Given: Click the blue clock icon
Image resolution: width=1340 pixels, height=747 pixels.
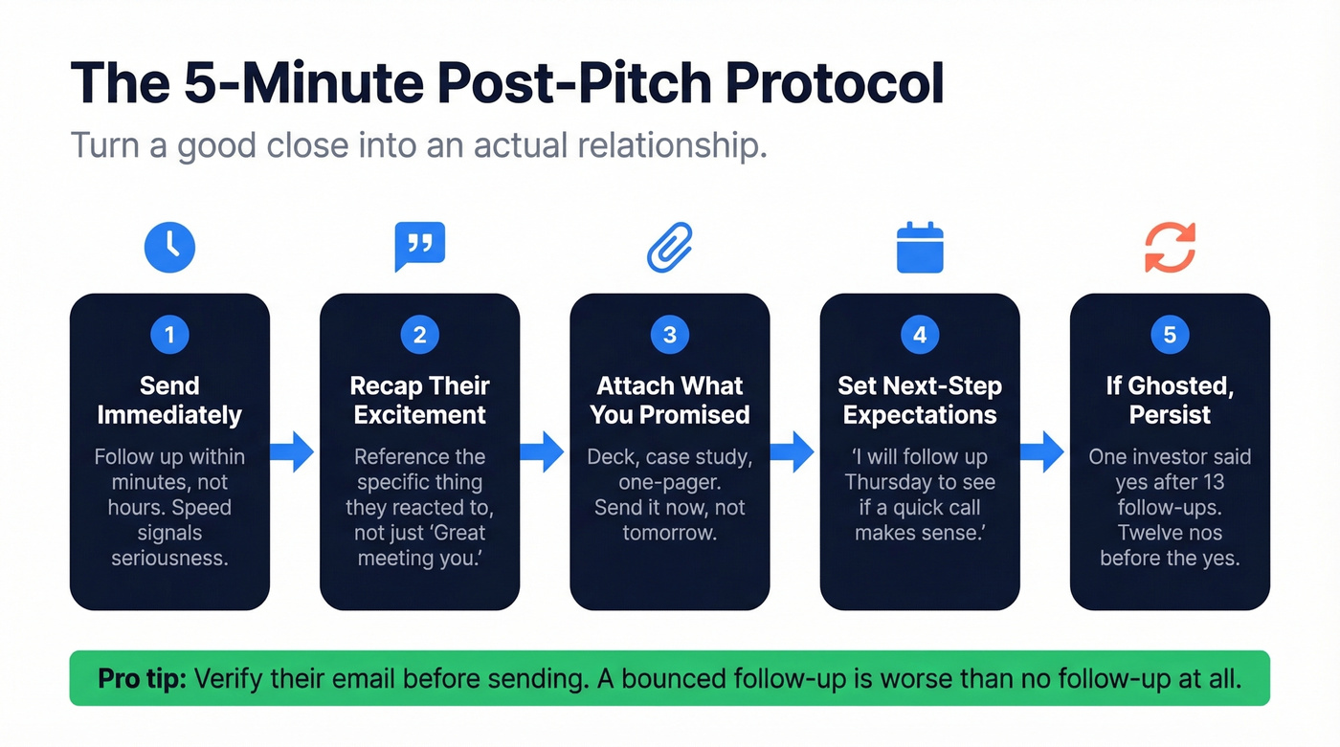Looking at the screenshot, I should click(169, 247).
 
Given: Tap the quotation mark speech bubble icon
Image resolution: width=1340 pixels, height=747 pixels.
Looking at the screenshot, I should click(419, 247).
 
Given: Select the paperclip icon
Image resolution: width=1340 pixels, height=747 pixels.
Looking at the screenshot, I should click(670, 247).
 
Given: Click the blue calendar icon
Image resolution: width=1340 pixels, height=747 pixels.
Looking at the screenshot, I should click(920, 248).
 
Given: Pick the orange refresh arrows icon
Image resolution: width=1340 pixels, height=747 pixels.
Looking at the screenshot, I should click(1170, 247).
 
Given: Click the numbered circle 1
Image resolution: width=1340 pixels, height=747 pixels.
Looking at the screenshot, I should click(169, 335).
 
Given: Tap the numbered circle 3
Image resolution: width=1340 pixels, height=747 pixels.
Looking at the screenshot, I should click(670, 335).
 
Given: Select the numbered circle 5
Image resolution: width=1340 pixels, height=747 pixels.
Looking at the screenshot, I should click(1170, 335).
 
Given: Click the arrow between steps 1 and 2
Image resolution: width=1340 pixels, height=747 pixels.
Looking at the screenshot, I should click(293, 451).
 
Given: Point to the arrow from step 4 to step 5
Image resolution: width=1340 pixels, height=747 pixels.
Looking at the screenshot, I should click(1042, 451).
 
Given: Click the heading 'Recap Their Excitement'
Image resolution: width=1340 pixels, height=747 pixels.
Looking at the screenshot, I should click(419, 400).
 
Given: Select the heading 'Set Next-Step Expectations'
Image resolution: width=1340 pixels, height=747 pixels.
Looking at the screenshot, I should click(920, 400).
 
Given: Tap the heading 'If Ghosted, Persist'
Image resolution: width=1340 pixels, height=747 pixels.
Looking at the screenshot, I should click(1170, 400).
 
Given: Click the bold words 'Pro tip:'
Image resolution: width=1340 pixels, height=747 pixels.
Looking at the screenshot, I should click(143, 679).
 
